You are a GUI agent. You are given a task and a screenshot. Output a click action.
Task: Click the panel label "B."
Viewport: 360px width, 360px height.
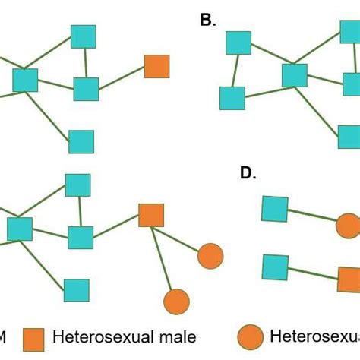[x=208, y=21]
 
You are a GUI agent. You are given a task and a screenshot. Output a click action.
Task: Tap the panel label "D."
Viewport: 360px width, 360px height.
[x=248, y=173]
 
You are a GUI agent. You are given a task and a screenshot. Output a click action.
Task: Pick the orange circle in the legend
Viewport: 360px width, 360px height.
[x=251, y=337]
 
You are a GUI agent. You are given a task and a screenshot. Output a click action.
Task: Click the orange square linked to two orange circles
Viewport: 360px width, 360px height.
[x=151, y=216]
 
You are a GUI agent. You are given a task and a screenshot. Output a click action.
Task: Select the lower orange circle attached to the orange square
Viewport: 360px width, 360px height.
[x=176, y=302]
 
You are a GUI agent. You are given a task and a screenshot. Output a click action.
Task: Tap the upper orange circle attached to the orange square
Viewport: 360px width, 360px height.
[x=210, y=257]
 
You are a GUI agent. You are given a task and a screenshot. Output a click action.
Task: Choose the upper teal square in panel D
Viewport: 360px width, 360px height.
[x=275, y=208]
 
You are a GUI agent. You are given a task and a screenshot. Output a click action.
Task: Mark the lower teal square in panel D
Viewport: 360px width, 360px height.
[x=275, y=267]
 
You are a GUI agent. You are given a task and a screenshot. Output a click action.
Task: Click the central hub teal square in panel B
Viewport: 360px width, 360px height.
[x=295, y=75]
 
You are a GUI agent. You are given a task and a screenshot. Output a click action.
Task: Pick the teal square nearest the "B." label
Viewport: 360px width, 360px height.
[x=238, y=43]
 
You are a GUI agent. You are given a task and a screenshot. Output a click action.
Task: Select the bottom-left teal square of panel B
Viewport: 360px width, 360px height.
[x=232, y=98]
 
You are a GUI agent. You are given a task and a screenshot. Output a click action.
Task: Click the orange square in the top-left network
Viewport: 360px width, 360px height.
[x=156, y=66]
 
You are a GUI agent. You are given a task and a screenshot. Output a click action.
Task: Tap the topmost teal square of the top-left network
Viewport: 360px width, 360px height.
[x=84, y=36]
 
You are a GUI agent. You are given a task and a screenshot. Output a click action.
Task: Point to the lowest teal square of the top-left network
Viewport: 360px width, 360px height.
[x=81, y=141]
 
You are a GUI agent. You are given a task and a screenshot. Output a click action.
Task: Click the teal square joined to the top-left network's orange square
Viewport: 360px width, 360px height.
[x=86, y=89]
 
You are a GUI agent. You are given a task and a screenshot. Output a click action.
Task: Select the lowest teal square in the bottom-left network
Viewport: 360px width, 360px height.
[x=76, y=290]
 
